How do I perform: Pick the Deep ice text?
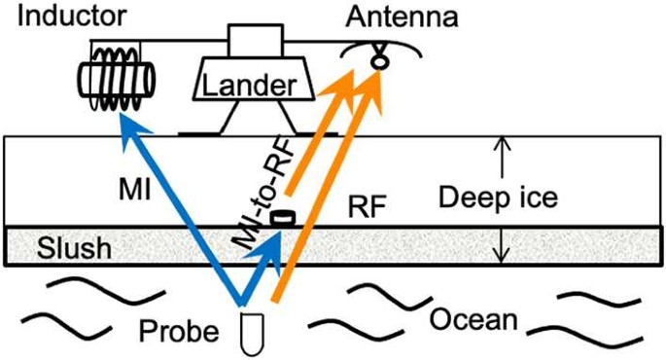click(x=497, y=198)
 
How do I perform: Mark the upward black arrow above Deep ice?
click(x=500, y=156)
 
